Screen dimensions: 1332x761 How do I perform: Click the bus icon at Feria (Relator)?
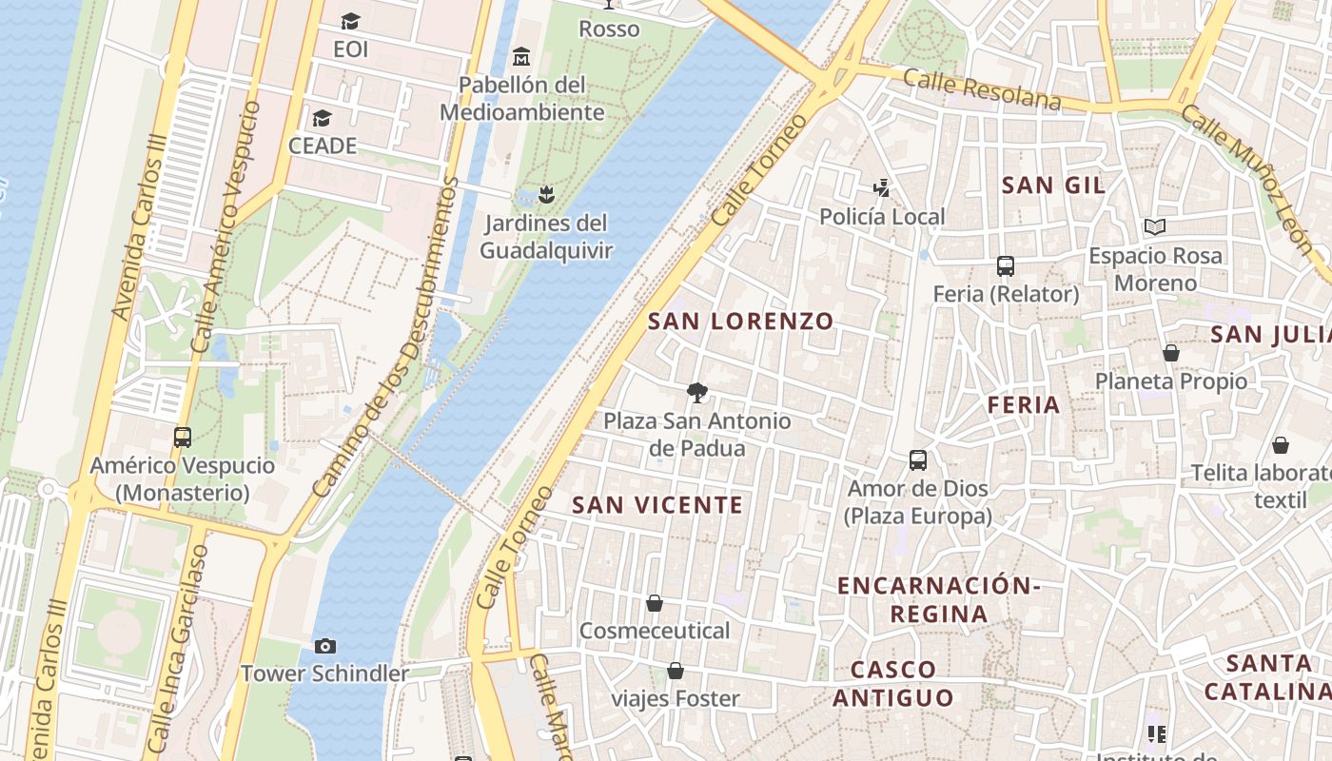(1006, 266)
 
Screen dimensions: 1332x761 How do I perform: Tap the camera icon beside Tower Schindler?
(325, 647)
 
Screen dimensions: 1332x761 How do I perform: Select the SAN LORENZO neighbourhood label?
(740, 322)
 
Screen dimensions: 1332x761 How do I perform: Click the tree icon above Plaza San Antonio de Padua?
(697, 392)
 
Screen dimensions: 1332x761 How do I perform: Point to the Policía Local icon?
(882, 188)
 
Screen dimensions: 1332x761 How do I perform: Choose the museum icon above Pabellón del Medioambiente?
(520, 57)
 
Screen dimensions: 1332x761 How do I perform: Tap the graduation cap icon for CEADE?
(323, 119)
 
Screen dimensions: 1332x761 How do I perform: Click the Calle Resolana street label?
(982, 89)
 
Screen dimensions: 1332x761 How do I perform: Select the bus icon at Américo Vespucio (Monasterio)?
(183, 438)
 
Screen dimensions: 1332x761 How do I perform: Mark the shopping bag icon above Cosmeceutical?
(655, 603)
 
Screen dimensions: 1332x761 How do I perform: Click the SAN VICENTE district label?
(657, 505)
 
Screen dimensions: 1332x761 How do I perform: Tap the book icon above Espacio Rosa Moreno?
(1155, 227)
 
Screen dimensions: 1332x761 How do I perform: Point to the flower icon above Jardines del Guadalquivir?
(546, 196)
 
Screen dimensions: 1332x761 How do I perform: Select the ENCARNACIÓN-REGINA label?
(938, 599)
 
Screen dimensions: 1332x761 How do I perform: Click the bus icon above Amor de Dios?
(918, 460)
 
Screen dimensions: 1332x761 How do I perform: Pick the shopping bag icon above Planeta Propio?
(1171, 353)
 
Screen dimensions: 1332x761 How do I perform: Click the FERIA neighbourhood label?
(1024, 405)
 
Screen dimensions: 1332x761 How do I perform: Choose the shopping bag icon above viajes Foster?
(676, 672)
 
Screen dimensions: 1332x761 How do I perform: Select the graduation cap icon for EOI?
(350, 21)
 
